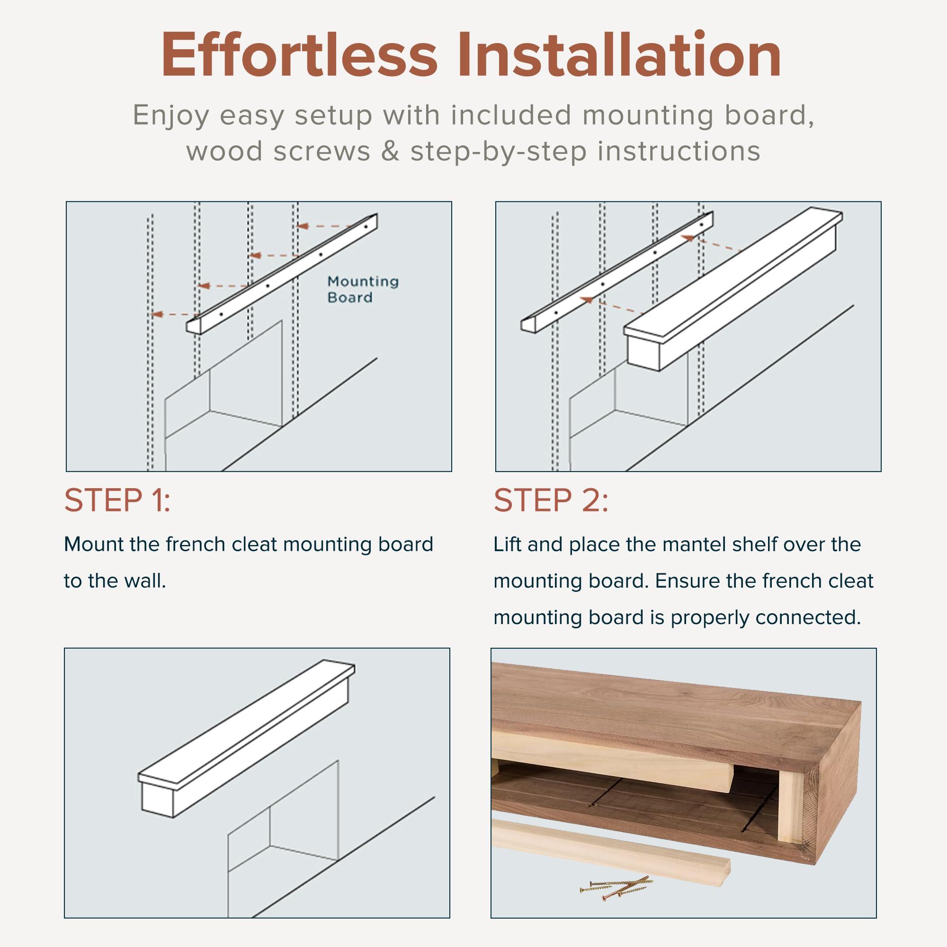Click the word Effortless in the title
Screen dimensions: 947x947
point(299,55)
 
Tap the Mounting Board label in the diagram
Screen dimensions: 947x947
point(363,289)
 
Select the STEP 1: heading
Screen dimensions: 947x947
point(117,500)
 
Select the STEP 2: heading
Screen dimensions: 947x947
point(551,500)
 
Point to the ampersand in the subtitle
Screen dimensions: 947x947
point(390,151)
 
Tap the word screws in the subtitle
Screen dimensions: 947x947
point(322,151)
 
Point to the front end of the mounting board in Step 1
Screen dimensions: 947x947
point(194,326)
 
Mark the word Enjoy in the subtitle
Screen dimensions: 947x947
point(171,115)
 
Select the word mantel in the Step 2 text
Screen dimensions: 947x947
point(658,544)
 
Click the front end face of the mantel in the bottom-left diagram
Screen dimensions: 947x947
point(158,799)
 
